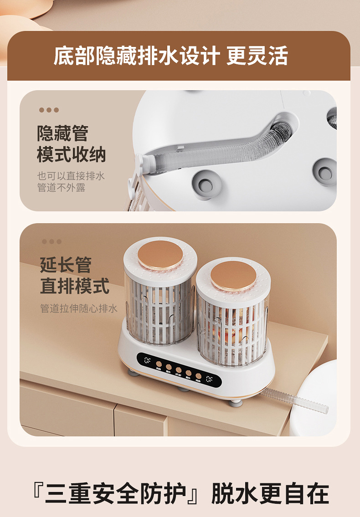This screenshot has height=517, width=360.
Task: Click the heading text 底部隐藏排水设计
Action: click(x=137, y=56)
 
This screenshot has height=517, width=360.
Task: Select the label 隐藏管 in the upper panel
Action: click(x=62, y=133)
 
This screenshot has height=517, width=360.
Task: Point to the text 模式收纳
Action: click(x=71, y=154)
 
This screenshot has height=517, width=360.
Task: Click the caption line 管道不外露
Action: click(x=61, y=187)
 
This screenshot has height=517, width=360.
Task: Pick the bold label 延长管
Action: click(x=66, y=265)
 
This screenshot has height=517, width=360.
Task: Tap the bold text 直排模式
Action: click(x=75, y=287)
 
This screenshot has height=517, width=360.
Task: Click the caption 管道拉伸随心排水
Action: click(x=79, y=308)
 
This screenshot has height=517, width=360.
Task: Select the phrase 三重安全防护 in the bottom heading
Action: click(x=116, y=493)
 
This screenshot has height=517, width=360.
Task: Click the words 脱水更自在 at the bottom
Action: click(x=270, y=493)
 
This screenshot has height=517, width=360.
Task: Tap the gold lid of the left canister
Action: click(x=160, y=255)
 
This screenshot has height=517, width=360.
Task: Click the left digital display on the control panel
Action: click(x=148, y=360)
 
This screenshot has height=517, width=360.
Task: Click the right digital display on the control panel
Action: click(x=209, y=379)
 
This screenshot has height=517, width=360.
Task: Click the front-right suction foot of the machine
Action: click(x=235, y=402)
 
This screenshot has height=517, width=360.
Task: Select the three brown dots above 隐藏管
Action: click(x=49, y=110)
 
